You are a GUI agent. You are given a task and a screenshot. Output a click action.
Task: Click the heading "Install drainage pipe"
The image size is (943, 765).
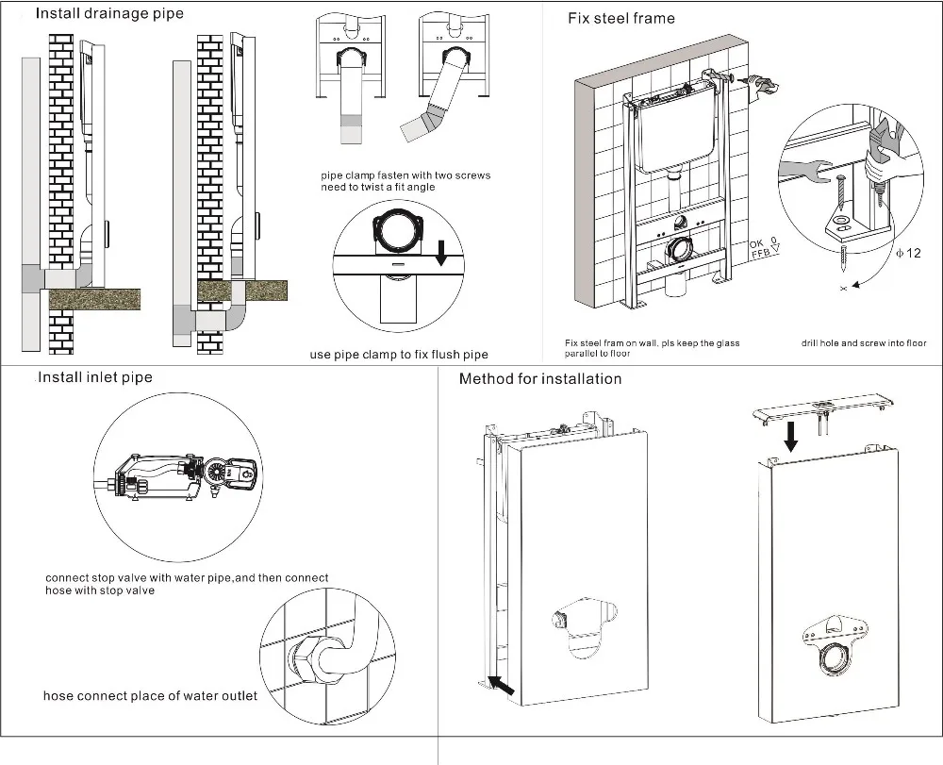109,13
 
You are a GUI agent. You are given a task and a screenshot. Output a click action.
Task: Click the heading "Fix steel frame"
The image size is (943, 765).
620,18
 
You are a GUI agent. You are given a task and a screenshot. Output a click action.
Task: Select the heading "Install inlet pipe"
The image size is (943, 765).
94,377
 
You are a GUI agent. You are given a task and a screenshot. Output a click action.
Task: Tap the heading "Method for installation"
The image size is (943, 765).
540,378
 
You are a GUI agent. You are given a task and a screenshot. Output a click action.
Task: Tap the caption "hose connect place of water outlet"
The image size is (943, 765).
150,696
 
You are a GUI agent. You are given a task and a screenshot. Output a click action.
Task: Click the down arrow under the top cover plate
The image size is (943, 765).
791,434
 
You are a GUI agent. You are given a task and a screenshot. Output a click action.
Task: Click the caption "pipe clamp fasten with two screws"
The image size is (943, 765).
405,175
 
